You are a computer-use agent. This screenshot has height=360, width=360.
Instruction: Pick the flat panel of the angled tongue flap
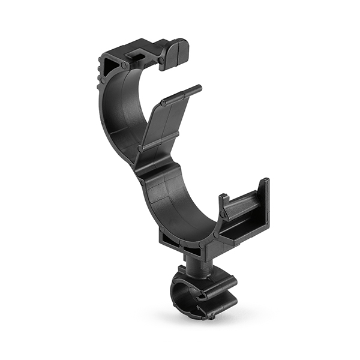pos(163,124)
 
